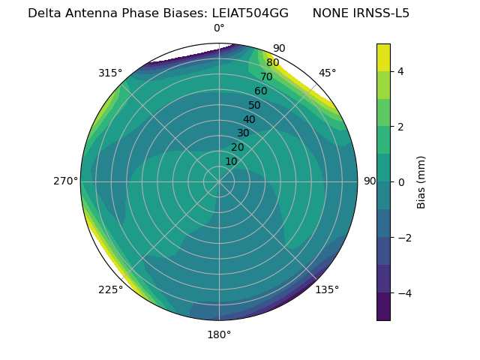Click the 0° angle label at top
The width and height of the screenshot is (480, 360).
[x=219, y=28]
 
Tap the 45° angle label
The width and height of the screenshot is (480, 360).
[x=327, y=73]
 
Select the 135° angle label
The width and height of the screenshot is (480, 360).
[x=327, y=289]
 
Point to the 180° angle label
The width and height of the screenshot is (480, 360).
[x=219, y=334]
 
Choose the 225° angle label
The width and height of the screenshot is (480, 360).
[x=110, y=289]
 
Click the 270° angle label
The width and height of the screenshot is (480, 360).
[x=65, y=181]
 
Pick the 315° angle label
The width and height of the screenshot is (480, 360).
[x=110, y=73]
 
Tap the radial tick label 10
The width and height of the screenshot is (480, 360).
[x=231, y=161]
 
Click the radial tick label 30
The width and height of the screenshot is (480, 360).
[x=243, y=133]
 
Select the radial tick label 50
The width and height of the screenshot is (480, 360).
[x=255, y=106]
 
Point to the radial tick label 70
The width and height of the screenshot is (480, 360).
[x=266, y=77]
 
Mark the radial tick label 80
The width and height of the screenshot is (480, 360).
[x=272, y=63]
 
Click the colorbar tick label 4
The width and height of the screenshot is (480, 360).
[x=401, y=71]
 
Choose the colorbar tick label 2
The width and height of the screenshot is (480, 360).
[x=401, y=127]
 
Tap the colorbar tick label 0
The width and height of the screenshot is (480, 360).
[x=401, y=182]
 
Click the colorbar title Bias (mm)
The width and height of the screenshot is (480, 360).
[x=421, y=182]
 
